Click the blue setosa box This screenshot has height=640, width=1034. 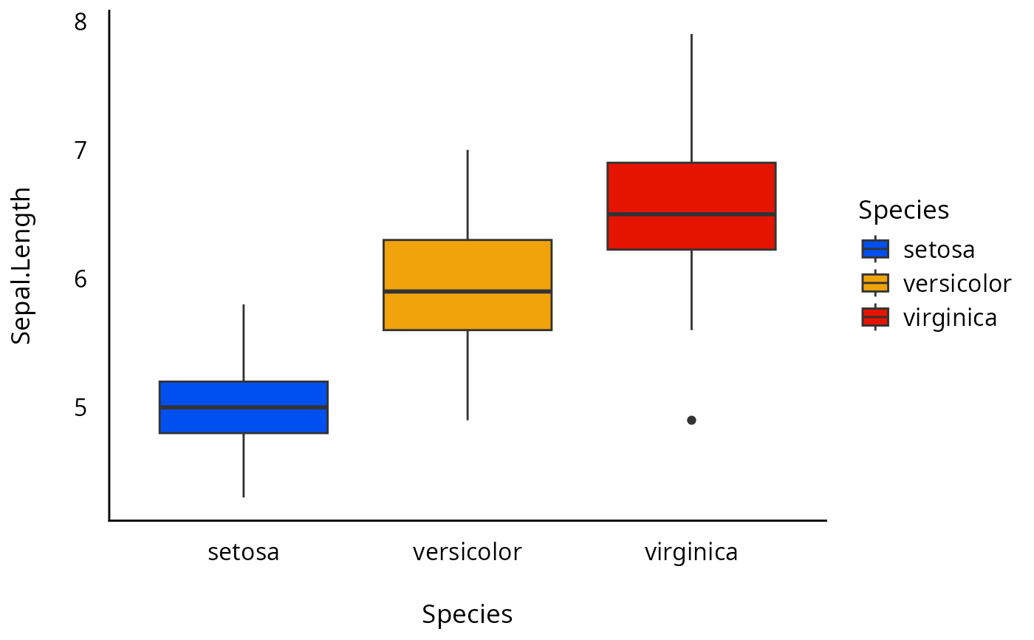244,421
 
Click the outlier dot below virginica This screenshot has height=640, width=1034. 691,420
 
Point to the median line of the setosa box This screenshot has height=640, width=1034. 244,407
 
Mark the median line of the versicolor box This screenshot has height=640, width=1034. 468,291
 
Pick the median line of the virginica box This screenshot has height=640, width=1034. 691,214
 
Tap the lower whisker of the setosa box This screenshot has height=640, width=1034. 244,465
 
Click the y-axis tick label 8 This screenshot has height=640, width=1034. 81,22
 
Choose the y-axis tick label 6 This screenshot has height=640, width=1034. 81,279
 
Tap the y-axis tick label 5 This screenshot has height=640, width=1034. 81,407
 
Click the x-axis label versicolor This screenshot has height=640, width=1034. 468,552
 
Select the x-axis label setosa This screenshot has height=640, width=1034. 244,552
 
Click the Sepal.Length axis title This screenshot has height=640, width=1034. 22,266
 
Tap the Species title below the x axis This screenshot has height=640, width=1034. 468,614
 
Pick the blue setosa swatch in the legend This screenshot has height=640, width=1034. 875,249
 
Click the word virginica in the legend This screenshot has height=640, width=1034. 950,318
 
